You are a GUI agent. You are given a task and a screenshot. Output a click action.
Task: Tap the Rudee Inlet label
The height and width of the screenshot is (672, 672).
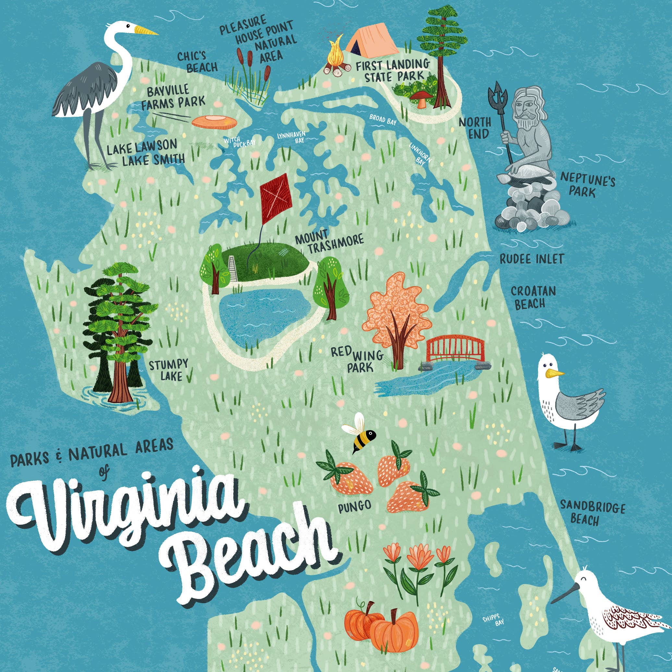pyautogui.click(x=531, y=259)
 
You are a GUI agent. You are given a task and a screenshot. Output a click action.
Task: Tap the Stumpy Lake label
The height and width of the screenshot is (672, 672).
pyautogui.click(x=168, y=370)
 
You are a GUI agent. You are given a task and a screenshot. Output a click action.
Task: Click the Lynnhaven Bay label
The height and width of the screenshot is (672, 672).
pyautogui.click(x=291, y=137)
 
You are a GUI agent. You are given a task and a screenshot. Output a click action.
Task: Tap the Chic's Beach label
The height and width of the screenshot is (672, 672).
pyautogui.click(x=197, y=62)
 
